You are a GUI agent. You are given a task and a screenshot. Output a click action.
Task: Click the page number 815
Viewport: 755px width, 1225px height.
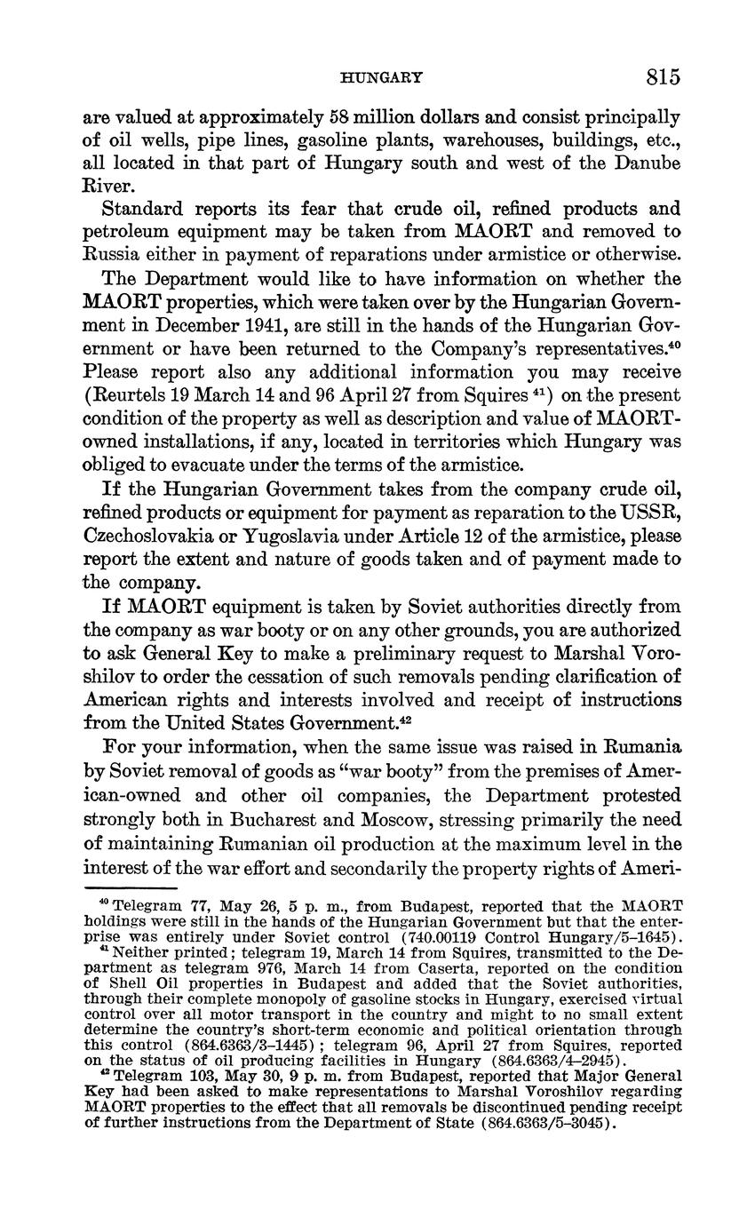click(663, 77)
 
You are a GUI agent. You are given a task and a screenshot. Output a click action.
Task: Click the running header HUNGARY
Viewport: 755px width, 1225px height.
click(381, 78)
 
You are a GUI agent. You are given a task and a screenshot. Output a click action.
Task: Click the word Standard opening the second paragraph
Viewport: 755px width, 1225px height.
click(146, 210)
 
